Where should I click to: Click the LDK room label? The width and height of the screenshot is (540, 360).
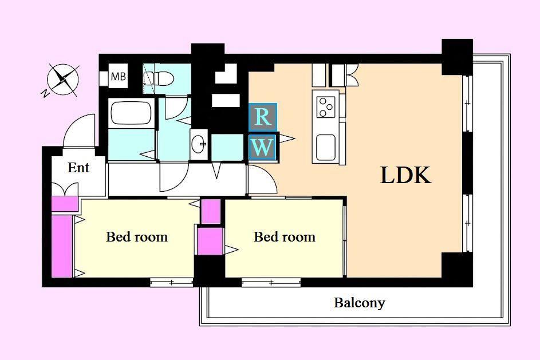(405, 175)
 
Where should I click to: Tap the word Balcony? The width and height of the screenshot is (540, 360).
(359, 303)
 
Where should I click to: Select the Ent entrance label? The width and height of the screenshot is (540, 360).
(78, 168)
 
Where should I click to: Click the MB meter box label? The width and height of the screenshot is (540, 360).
(118, 76)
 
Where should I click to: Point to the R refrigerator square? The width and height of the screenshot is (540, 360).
(263, 117)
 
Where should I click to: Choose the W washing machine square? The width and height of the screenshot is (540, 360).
(262, 147)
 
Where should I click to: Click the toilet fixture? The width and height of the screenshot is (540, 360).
(162, 79)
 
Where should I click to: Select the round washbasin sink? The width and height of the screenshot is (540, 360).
(199, 144)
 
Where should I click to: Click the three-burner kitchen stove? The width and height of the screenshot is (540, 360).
(326, 108)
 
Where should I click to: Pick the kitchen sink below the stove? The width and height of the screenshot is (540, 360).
(325, 147)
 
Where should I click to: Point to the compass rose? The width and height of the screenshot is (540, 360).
(63, 80)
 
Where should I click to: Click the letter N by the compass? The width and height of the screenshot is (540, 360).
(45, 93)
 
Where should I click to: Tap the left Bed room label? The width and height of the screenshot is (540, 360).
(137, 237)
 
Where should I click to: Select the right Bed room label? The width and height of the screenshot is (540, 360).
(285, 237)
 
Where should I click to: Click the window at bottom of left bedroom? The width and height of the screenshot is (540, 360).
(171, 283)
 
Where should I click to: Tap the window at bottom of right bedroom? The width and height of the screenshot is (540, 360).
(271, 283)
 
